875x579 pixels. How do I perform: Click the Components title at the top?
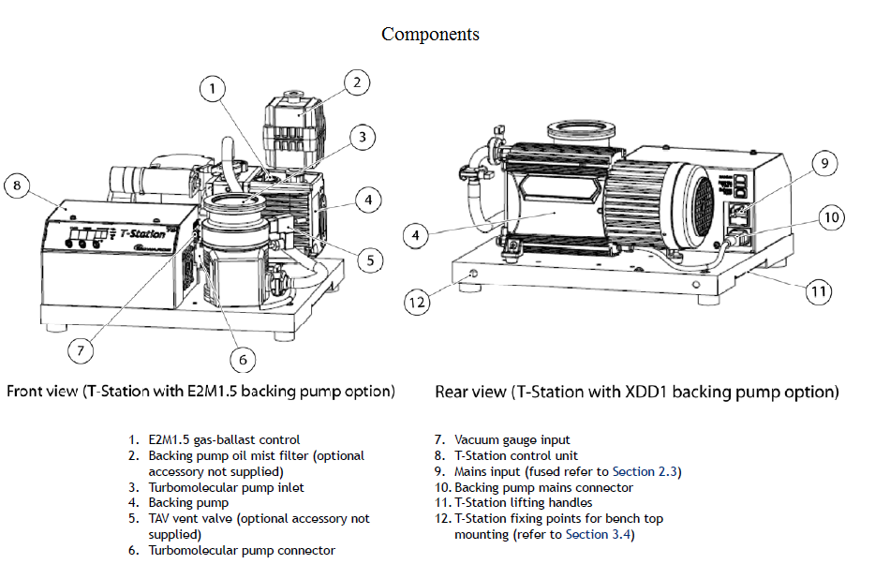coord(430,35)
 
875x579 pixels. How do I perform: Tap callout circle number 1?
coord(214,89)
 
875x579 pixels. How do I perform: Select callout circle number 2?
coord(355,82)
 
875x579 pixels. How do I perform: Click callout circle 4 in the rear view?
coord(416,236)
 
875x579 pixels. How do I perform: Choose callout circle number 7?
coord(82,350)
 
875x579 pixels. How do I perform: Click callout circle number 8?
coord(18,186)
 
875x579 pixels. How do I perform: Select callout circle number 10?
coord(831,218)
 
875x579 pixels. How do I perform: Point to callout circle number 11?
coord(819,291)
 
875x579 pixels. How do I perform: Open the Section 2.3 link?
coord(646,472)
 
